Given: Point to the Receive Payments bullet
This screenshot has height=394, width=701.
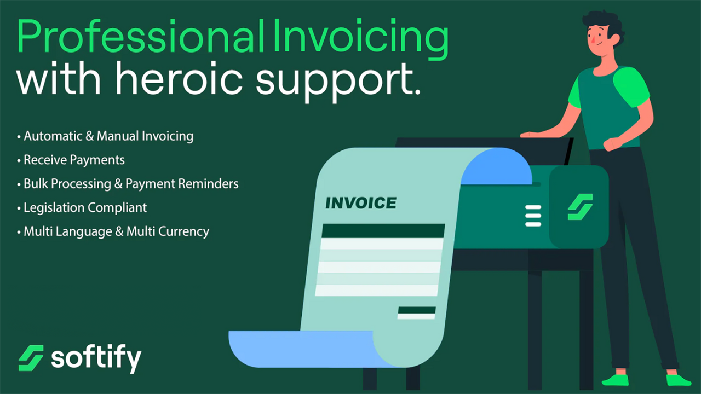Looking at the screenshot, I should coord(74,160).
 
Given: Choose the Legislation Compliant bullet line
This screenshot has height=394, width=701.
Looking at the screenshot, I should coord(85,207).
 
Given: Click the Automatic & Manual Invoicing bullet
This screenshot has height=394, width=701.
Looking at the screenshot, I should coord(108,136).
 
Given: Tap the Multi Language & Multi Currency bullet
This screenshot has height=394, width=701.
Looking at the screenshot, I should coord(116,231).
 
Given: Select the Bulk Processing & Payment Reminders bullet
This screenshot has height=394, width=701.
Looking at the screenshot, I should coord(131,183).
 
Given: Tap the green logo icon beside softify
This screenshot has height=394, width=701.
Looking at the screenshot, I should coord(31,358).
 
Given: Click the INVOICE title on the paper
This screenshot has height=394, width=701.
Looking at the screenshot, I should coord(360,203).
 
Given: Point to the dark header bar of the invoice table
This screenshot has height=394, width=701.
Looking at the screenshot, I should coord(383,230).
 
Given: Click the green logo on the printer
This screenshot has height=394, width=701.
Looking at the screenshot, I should coord(580,207).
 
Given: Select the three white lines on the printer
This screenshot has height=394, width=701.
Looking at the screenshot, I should coord(533,216).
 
